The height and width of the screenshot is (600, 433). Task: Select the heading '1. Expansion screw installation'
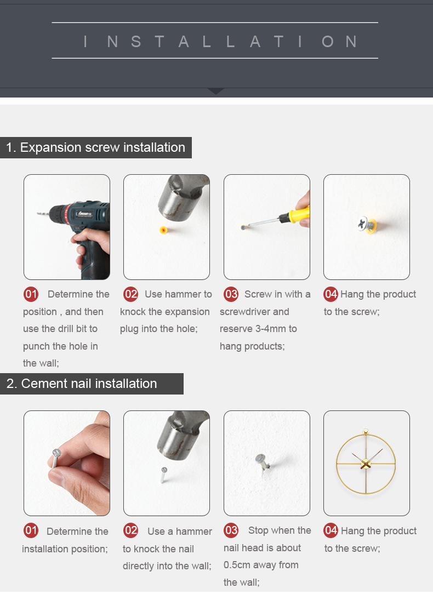click(x=96, y=147)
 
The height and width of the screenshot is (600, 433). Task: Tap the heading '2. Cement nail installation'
click(x=82, y=384)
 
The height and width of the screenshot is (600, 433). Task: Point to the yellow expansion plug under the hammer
click(x=163, y=230)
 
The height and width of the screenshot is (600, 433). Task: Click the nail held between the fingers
click(x=56, y=458)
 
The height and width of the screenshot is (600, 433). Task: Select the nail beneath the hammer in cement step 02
click(x=163, y=475)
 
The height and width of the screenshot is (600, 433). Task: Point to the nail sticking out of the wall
click(x=263, y=461)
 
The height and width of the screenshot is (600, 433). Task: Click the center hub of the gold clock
click(x=366, y=464)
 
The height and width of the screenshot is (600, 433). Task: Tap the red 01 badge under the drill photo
click(x=31, y=294)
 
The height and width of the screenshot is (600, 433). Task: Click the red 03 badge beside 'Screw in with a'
click(x=231, y=294)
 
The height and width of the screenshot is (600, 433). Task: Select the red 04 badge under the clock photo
click(x=331, y=530)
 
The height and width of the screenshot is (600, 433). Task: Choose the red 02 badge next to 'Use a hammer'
click(x=130, y=530)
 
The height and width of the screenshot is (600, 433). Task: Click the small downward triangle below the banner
click(x=216, y=91)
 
